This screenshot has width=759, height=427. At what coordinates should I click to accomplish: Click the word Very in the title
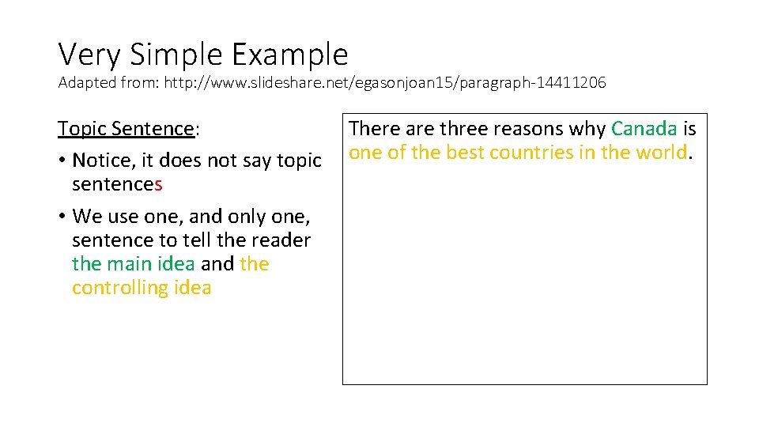[x=89, y=55]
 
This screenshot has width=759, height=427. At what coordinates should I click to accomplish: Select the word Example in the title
[x=290, y=55]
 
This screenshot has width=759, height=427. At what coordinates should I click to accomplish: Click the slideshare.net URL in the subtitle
[x=384, y=83]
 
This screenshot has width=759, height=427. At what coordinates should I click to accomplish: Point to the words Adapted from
[x=108, y=83]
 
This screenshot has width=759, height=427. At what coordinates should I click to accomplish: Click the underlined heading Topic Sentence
[x=126, y=129]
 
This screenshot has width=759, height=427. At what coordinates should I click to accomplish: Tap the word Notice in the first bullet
[x=100, y=161]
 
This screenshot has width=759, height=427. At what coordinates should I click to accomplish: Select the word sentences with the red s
[x=117, y=184]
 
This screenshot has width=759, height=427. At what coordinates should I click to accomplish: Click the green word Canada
[x=644, y=129]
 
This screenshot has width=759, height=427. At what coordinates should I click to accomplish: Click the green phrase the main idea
[x=133, y=263]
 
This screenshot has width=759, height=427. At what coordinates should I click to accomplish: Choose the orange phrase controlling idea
[x=142, y=287]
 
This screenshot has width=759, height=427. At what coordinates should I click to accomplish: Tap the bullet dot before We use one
[x=61, y=217]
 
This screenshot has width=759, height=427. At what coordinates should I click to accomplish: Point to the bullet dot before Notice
[x=61, y=161]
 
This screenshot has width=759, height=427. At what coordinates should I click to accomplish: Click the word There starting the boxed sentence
[x=375, y=129]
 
